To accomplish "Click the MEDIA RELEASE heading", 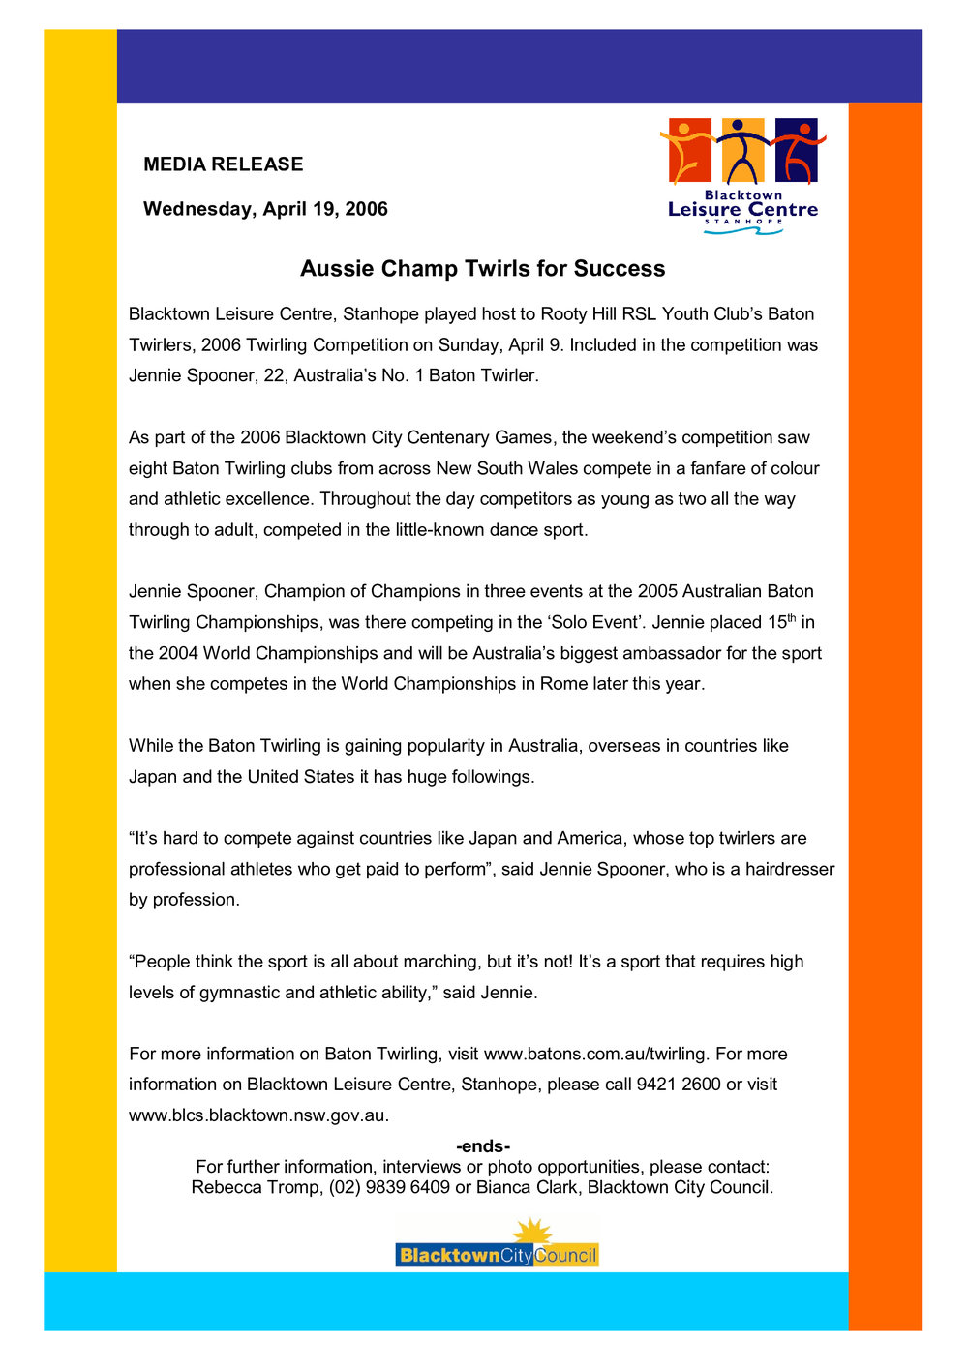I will pos(224,164).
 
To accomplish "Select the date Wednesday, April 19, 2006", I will pos(265,209).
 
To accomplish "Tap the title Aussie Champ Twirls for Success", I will pos(482,268).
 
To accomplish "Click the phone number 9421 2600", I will pos(679,1085).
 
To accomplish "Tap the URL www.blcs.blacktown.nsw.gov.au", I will pos(257,1115).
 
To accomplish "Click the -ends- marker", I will pos(483,1147).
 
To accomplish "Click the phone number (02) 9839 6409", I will pos(389,1187).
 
